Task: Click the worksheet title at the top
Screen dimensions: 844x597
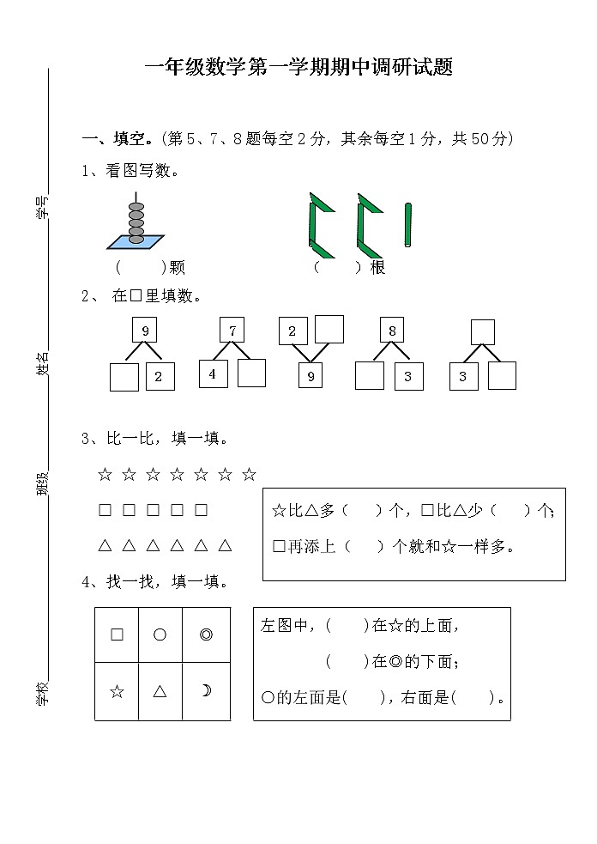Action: (x=298, y=68)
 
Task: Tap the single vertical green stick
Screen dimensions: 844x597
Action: (x=408, y=226)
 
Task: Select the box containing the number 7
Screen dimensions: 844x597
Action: (x=232, y=331)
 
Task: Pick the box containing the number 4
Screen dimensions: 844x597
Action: (x=213, y=374)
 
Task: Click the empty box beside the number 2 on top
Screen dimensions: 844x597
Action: (x=329, y=329)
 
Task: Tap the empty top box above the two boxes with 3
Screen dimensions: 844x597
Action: (x=483, y=331)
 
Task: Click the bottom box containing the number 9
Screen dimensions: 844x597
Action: (x=311, y=375)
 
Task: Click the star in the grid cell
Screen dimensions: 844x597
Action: (x=117, y=691)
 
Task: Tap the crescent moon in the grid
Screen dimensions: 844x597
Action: (x=206, y=691)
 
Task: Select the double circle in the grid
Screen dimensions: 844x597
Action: (x=206, y=635)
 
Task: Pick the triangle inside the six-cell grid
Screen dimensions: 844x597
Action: (x=160, y=691)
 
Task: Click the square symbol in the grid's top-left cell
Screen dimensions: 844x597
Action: (x=117, y=635)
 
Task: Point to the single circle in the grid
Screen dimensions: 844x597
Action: (x=160, y=635)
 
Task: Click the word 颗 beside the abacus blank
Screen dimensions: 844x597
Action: (x=177, y=267)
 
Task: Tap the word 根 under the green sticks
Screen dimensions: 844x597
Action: (x=377, y=267)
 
